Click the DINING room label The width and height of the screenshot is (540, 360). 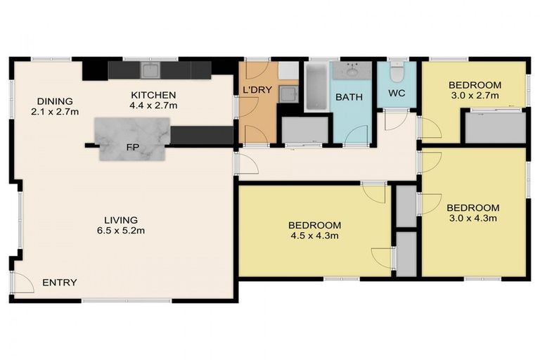pyautogui.click(x=55, y=101)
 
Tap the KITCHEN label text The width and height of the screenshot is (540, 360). pyautogui.click(x=153, y=95)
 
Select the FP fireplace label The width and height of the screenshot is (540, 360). pyautogui.click(x=131, y=148)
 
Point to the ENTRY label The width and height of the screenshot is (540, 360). pyautogui.click(x=60, y=283)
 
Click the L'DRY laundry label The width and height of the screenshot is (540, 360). pyautogui.click(x=257, y=90)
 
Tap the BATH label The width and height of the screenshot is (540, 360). pyautogui.click(x=349, y=97)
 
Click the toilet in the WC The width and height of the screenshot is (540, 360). pyautogui.click(x=398, y=72)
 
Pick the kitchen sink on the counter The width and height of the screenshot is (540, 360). pyautogui.click(x=150, y=70)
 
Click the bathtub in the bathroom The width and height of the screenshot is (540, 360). pyautogui.click(x=314, y=87)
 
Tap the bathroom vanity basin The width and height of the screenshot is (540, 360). pyautogui.click(x=352, y=70)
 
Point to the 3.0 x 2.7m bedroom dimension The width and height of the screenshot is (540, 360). pyautogui.click(x=474, y=95)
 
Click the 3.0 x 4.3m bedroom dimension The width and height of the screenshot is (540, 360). pyautogui.click(x=472, y=218)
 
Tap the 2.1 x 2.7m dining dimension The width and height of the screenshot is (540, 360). pyautogui.click(x=55, y=111)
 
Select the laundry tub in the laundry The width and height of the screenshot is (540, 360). pyautogui.click(x=287, y=94)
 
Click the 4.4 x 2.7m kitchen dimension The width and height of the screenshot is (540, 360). pyautogui.click(x=153, y=105)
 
